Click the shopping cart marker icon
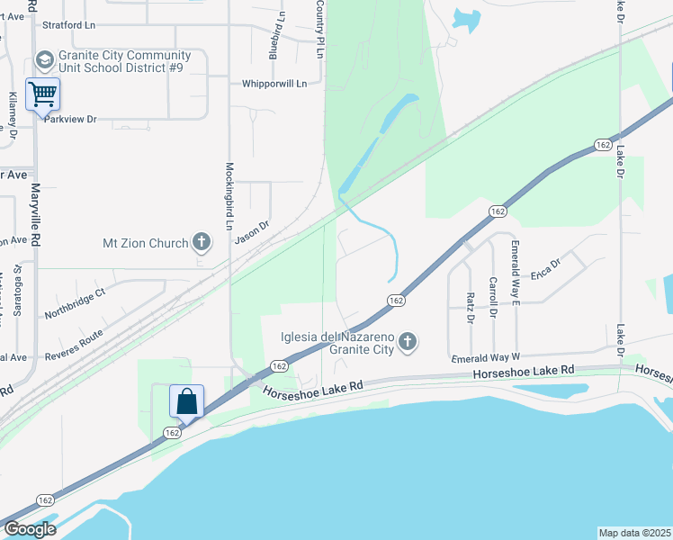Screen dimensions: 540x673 click(42, 93)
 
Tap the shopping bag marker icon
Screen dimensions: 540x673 click(186, 400)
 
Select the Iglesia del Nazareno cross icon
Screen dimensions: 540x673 click(408, 341)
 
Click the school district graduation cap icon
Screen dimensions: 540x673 click(43, 59)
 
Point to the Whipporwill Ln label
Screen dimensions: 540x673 click(274, 84)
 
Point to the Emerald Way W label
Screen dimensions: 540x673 click(486, 358)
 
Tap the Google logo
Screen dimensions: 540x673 click(30, 529)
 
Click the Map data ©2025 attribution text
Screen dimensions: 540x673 click(634, 532)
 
